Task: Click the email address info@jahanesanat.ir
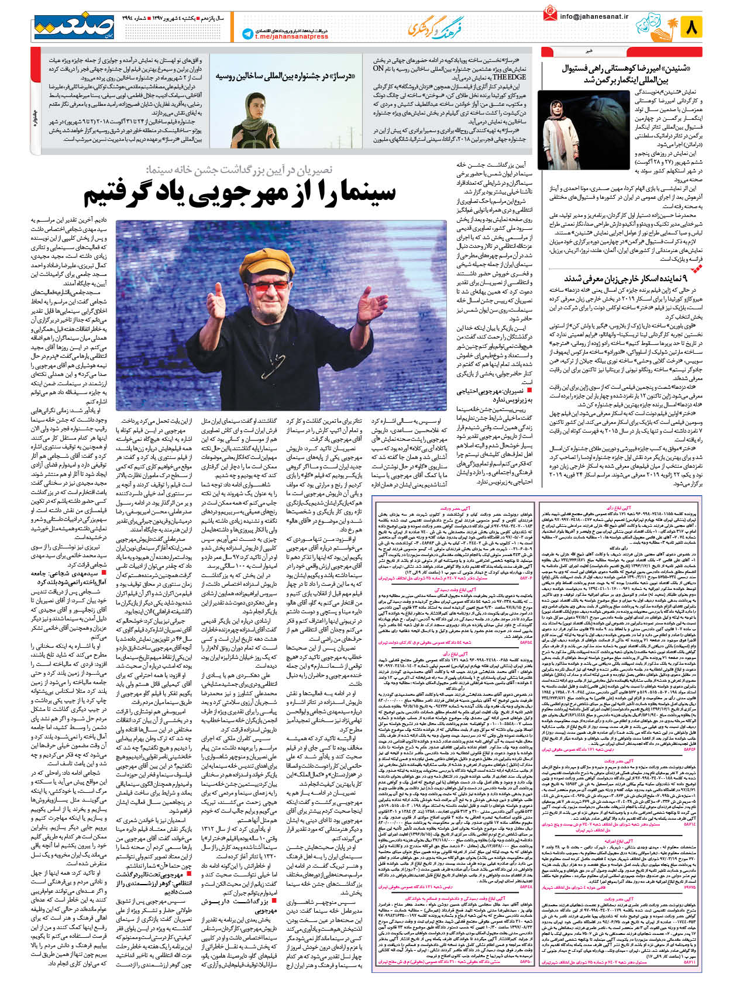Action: pos(593,17)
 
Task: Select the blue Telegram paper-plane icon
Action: pos(247,34)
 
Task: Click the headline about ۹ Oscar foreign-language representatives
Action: pos(627,279)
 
